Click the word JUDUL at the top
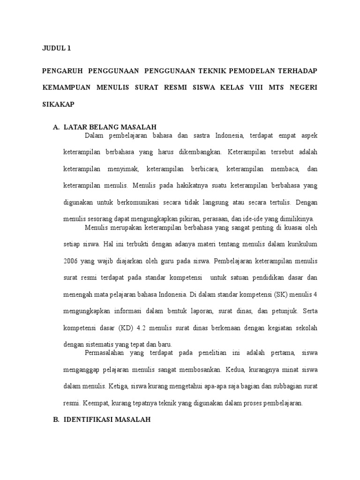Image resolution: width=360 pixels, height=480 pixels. coord(52,48)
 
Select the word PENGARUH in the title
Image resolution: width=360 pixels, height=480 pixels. coord(62,71)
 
